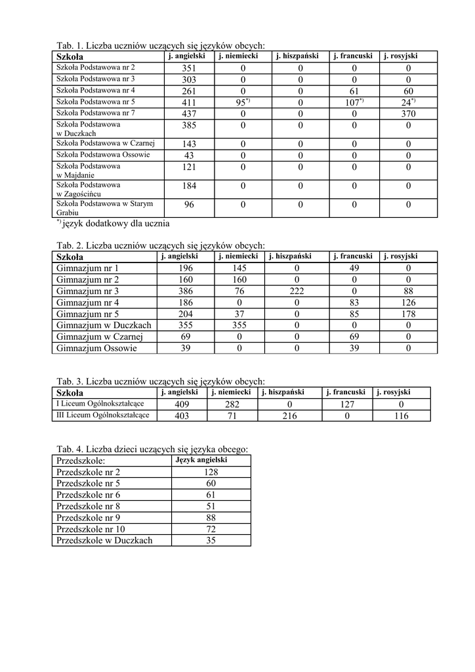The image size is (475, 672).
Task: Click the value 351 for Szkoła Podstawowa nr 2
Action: click(x=189, y=68)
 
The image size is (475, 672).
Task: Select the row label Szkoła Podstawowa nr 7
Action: click(x=96, y=113)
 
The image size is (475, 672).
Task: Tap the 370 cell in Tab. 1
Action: click(x=408, y=114)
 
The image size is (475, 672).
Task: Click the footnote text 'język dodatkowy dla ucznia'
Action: click(x=115, y=223)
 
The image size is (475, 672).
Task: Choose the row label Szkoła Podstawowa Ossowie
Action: click(x=103, y=155)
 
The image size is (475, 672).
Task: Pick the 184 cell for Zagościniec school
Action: click(x=189, y=186)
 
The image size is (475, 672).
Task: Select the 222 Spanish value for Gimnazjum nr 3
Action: click(x=297, y=291)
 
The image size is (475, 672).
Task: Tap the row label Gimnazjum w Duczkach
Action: click(x=104, y=325)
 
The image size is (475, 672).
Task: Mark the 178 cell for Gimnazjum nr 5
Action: click(x=408, y=314)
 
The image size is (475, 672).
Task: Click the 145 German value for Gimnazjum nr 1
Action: click(x=239, y=269)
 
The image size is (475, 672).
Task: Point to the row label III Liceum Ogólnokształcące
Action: click(x=103, y=415)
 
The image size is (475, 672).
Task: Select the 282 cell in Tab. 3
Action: click(x=232, y=405)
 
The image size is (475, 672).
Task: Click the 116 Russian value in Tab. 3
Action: click(x=402, y=416)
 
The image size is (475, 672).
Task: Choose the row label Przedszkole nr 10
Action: click(x=91, y=529)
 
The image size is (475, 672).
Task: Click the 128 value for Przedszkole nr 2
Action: click(x=211, y=472)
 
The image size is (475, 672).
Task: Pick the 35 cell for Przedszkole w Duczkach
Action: click(x=211, y=541)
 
